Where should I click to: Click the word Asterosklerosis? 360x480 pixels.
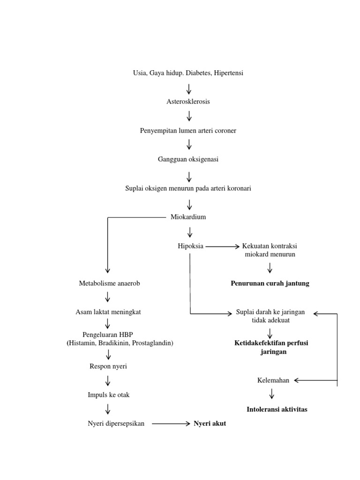[x=188, y=102]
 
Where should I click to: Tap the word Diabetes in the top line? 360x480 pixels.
[x=199, y=73]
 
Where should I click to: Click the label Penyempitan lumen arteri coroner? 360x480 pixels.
[x=188, y=130]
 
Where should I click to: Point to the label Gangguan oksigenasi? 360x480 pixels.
[x=188, y=159]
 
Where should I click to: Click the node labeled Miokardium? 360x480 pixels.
[x=188, y=217]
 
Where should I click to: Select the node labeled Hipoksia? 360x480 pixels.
[x=190, y=246]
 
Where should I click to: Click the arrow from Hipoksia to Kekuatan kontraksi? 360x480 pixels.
[x=222, y=246]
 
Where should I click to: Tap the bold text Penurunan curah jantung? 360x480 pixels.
[x=270, y=284]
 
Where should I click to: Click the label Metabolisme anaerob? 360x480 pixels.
[x=109, y=284]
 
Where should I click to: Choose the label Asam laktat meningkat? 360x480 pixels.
[x=108, y=312]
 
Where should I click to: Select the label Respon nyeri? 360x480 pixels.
[x=108, y=366]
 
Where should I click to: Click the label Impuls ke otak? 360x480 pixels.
[x=108, y=395]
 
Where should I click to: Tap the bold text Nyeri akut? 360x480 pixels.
[x=210, y=424]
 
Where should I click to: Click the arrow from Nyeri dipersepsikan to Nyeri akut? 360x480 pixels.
[x=171, y=424]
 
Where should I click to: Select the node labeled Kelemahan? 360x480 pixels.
[x=273, y=380]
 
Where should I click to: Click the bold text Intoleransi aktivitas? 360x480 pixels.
[x=277, y=409]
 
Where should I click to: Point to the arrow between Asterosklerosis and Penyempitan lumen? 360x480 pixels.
[x=189, y=116]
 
